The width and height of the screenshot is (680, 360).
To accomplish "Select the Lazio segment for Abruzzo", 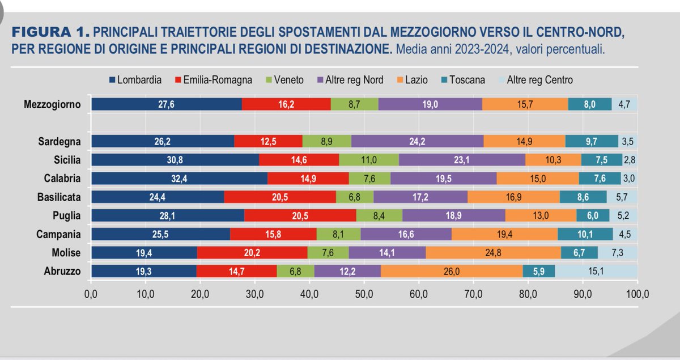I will pos(452,272).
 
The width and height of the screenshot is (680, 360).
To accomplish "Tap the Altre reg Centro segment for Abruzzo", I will pos(596,272).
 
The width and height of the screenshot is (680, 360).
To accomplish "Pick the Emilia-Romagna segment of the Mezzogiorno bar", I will pos(286,104).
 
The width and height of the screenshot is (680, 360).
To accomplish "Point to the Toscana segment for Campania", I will pos(585,234).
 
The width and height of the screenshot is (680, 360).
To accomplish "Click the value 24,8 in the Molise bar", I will pos(494,253).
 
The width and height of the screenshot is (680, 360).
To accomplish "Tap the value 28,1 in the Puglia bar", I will pos(168,215).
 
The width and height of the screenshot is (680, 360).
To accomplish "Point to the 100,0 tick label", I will pos(636,295).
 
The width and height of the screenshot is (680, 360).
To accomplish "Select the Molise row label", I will pos(66,253).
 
